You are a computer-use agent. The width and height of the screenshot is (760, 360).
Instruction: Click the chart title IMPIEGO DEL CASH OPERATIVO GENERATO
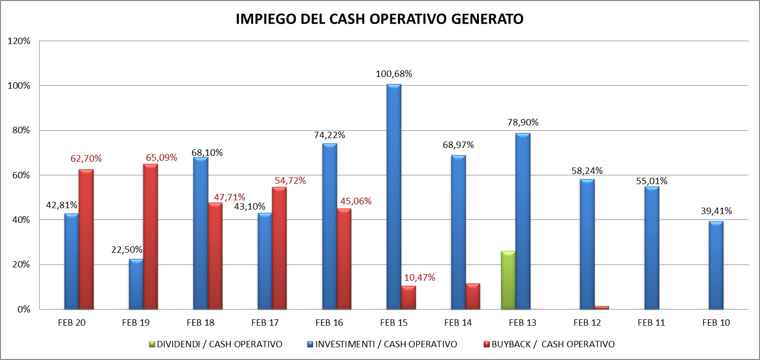click(x=380, y=19)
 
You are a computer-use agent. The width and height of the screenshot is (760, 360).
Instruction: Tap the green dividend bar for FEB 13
click(x=508, y=280)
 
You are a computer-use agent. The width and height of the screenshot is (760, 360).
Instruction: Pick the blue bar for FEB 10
click(x=715, y=265)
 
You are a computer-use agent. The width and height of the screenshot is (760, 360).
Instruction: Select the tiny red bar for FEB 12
click(x=601, y=308)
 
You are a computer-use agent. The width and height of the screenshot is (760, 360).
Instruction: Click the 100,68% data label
click(x=394, y=74)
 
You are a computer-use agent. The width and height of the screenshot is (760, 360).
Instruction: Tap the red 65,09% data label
click(x=161, y=158)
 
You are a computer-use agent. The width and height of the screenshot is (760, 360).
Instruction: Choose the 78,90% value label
click(x=522, y=122)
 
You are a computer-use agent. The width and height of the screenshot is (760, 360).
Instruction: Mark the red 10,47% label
click(x=419, y=278)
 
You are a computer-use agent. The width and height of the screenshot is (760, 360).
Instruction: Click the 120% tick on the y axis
click(x=19, y=41)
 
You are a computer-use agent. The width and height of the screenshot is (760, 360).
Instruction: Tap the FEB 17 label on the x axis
click(x=264, y=323)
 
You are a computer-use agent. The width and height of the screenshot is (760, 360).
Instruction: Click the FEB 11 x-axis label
click(x=651, y=323)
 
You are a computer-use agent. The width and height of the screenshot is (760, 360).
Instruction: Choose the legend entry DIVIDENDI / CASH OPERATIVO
click(x=218, y=344)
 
